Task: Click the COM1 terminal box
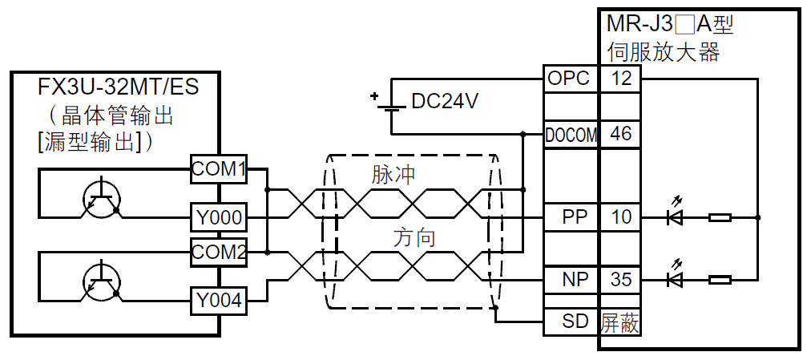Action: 217,168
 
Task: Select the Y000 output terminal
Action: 217,217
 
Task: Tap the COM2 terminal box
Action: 217,252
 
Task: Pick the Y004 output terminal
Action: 217,302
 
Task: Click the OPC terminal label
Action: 570,79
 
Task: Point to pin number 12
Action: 620,79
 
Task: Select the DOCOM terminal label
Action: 571,135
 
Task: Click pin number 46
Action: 620,135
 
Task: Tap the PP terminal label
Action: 574,216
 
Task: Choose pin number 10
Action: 620,216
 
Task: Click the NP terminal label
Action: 574,280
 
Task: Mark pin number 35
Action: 620,280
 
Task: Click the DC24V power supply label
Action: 445,101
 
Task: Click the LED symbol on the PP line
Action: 675,216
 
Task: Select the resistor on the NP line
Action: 720,280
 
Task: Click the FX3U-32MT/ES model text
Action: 118,86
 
